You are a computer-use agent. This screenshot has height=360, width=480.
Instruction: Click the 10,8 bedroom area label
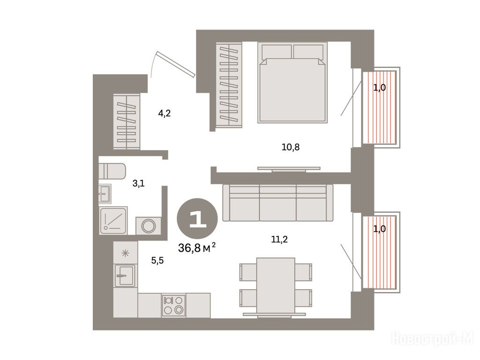point(291,147)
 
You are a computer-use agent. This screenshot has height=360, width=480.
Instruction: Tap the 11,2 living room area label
point(279,239)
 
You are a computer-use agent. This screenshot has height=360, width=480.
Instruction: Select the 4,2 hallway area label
point(164,113)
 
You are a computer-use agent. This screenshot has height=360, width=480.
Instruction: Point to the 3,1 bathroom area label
point(138,184)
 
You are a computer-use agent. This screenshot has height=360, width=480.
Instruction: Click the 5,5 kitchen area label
point(157,261)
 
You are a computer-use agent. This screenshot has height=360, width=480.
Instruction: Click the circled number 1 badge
point(197,218)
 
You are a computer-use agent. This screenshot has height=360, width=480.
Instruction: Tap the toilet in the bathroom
point(112,171)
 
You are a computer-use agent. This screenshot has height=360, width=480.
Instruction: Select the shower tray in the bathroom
point(113,220)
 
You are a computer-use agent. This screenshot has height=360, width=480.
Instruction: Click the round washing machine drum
point(149,225)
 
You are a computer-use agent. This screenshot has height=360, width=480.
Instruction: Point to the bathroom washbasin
point(105,194)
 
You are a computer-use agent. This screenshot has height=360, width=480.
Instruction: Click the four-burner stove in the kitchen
point(173,305)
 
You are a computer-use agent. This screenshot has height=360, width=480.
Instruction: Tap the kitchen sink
point(125,276)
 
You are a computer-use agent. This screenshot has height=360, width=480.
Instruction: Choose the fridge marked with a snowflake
point(125,253)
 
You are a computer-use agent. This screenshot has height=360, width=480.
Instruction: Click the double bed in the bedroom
point(292,82)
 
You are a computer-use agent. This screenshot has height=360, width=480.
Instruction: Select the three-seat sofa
point(278,202)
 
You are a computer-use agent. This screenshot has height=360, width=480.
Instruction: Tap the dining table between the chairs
point(276,285)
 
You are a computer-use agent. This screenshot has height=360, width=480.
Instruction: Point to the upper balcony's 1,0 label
point(379,88)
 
